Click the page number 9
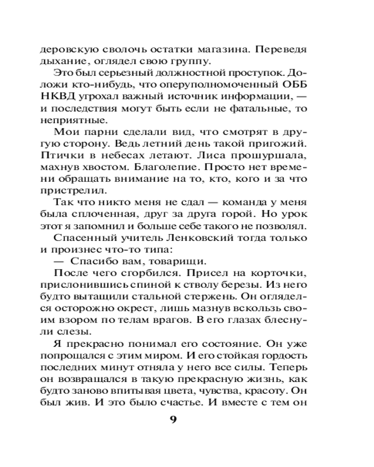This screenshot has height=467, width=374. click(x=173, y=419)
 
